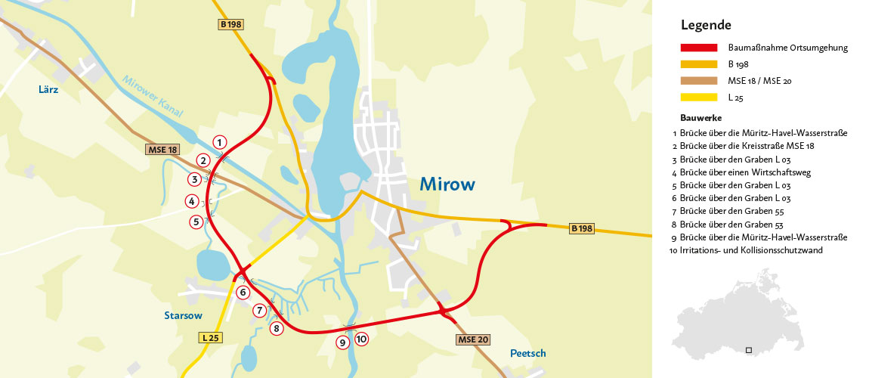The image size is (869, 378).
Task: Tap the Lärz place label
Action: tap(48, 89)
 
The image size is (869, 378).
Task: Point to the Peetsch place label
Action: tap(527, 353)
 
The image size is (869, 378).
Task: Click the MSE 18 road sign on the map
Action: tap(163, 150)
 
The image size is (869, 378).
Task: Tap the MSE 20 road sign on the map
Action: tap(473, 339)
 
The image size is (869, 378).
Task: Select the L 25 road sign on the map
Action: tap(212, 337)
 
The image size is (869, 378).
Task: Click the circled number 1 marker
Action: tap(219, 142)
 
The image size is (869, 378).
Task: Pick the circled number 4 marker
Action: tap(192, 201)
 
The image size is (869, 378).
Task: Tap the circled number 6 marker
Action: tap(243, 292)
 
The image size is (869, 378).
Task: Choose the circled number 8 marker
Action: tap(277, 328)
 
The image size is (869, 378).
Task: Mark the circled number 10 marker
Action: tap(361, 339)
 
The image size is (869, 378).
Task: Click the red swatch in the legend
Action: tap(698, 48)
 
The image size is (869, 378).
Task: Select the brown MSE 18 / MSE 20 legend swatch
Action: tap(698, 80)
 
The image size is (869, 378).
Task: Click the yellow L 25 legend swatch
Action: tap(698, 97)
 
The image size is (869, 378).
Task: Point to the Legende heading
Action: tap(706, 25)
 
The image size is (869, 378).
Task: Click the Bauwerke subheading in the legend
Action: tap(700, 118)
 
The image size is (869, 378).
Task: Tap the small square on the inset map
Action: tap(748, 350)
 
